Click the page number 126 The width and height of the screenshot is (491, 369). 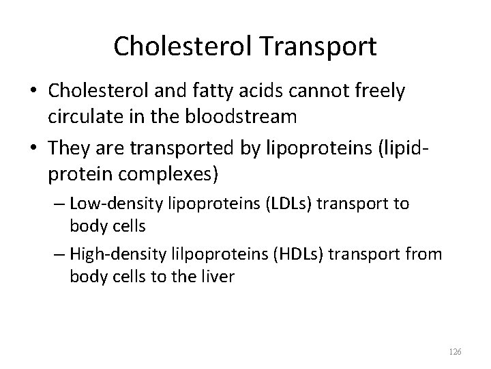point(456,351)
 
